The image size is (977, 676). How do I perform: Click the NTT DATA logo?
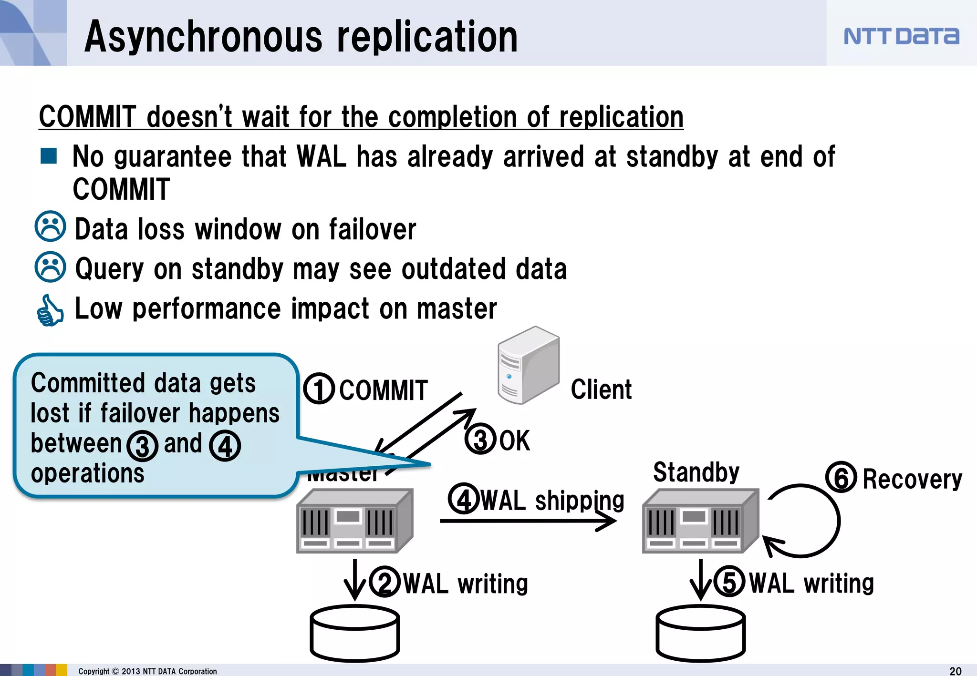[901, 36]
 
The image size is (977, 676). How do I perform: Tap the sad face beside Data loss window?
[50, 226]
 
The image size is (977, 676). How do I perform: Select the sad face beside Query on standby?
[50, 267]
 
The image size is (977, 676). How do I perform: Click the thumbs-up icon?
[50, 310]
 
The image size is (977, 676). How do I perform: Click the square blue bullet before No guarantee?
[49, 155]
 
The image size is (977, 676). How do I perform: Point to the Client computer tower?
[528, 365]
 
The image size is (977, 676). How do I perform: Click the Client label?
[601, 389]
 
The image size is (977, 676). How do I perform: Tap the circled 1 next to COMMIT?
[319, 389]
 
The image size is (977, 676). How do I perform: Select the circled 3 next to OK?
[480, 439]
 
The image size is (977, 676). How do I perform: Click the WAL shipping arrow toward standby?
[527, 521]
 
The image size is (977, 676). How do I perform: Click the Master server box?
[354, 522]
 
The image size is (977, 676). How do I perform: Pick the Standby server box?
[700, 522]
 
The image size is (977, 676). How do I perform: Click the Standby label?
[696, 472]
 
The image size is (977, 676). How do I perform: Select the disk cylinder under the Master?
[355, 633]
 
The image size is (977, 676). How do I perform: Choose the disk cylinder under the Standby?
[700, 633]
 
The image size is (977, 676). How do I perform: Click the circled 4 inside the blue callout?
[225, 446]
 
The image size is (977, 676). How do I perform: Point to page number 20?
[955, 671]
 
